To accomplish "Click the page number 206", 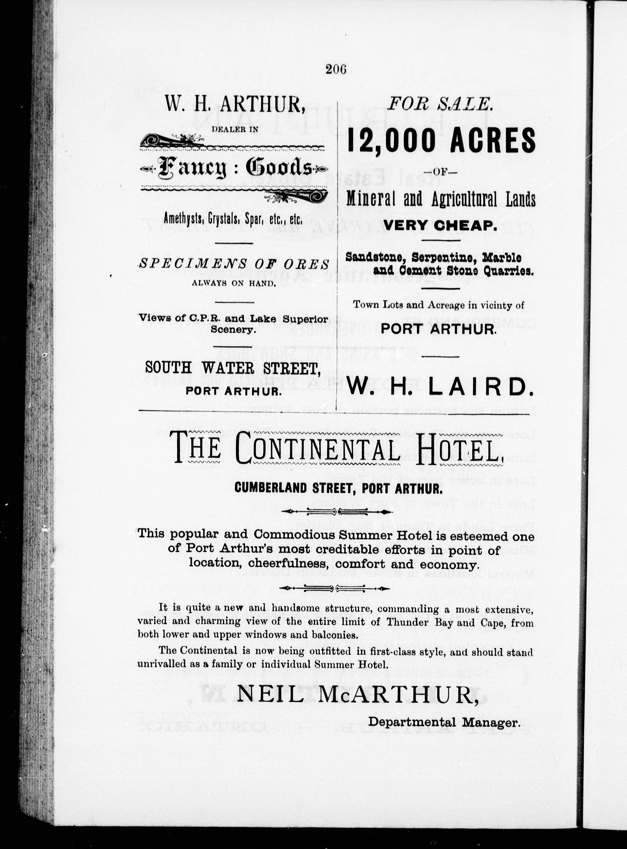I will (336, 69).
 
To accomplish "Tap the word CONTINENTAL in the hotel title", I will (318, 451).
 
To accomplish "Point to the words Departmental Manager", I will (443, 722).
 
